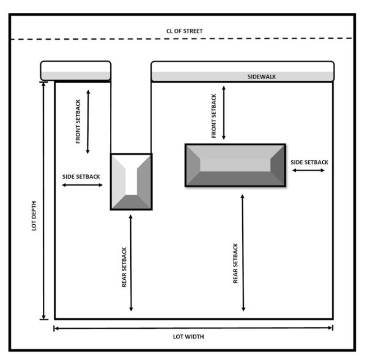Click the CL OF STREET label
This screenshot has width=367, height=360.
pos(184,31)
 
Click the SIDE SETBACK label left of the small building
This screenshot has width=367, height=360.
pos(82,176)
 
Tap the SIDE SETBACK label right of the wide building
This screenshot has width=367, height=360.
pos(309,162)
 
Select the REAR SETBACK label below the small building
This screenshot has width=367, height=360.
pos(124,267)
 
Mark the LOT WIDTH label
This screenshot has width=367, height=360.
pos(187,337)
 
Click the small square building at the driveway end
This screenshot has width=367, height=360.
pos(131,182)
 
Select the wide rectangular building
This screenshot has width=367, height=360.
pos(235,165)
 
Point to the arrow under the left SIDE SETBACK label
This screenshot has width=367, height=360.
pos(83,184)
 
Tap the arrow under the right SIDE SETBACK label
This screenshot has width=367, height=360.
pos(308,171)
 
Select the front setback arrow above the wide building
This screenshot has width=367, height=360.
pos(224,113)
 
